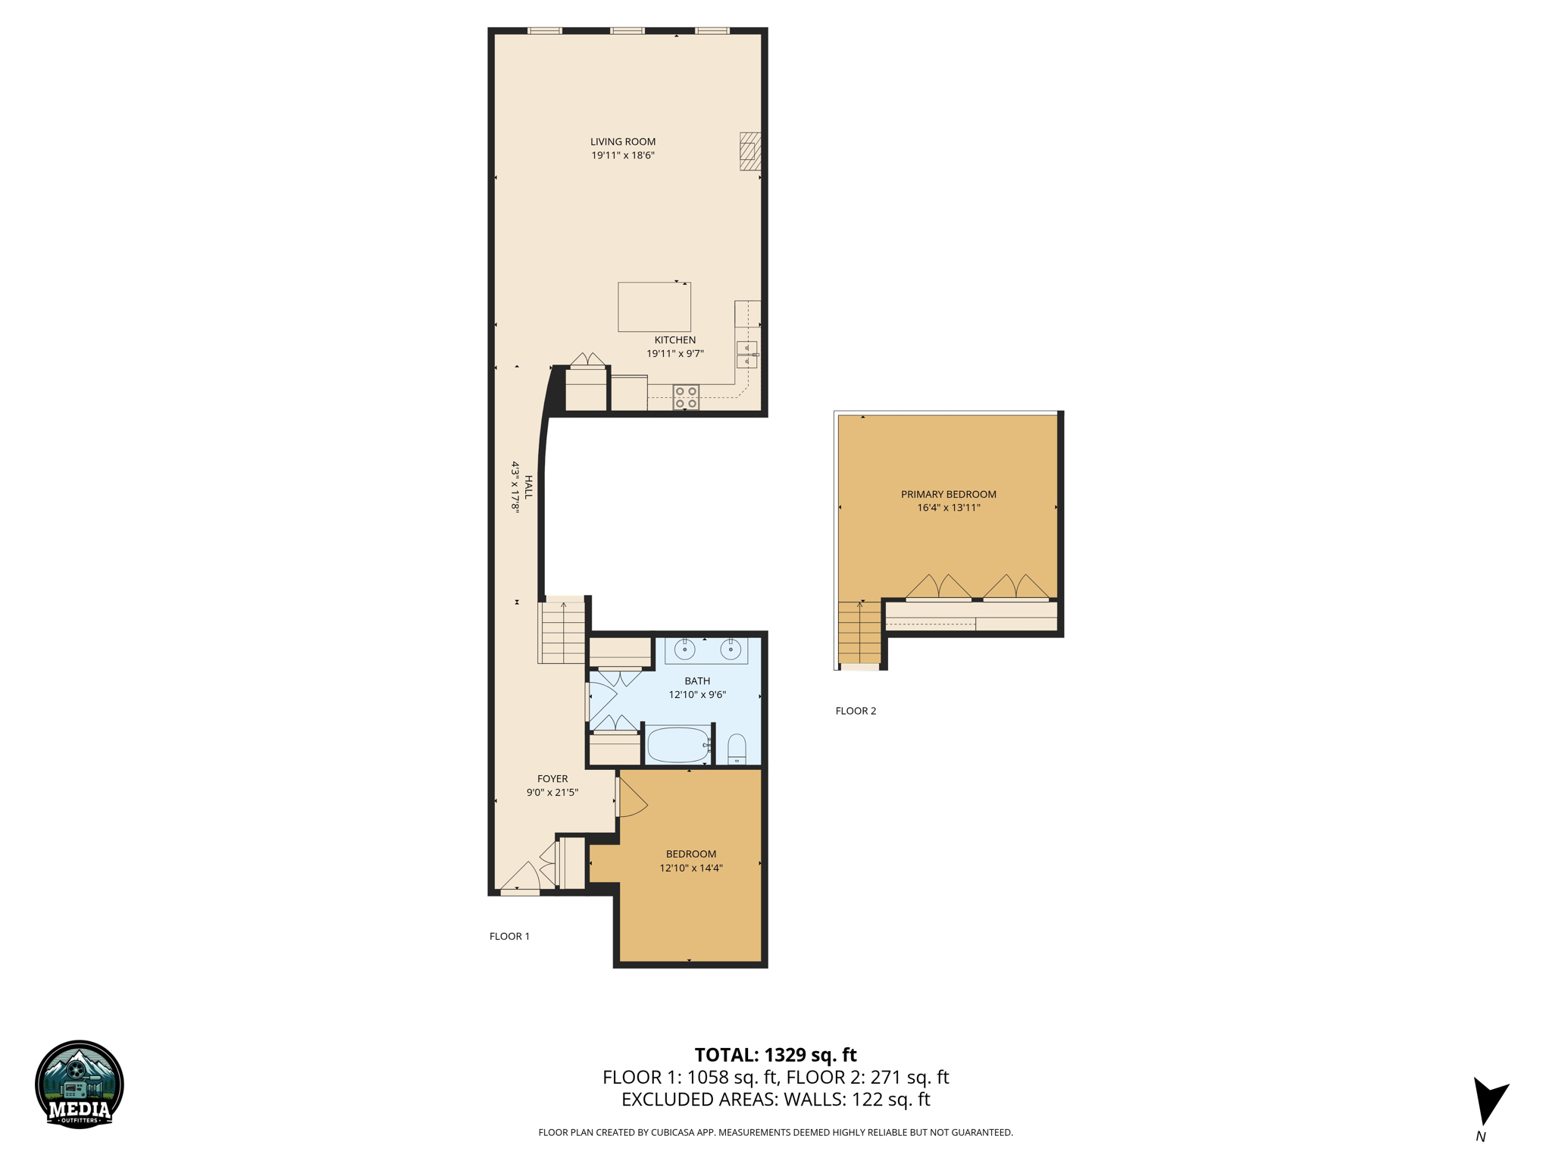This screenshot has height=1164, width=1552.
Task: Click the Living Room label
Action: pos(623,142)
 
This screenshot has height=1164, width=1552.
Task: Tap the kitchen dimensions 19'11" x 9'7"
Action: pos(674,354)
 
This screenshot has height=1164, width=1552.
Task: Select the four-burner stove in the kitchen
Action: pos(686,397)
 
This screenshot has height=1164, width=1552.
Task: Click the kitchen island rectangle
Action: pos(654,307)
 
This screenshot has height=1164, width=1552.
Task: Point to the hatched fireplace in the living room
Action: pos(750,151)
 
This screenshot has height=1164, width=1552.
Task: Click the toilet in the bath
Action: pos(737,749)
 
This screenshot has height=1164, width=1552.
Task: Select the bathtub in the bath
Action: pos(678,745)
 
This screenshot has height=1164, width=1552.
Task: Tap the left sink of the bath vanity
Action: pos(685,650)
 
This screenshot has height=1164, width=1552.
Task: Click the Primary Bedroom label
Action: pos(948,494)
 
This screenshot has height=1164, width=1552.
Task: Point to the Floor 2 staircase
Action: pos(860,633)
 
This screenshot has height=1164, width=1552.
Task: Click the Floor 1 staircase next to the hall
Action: pos(563,633)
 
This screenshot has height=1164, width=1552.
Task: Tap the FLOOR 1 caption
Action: pos(509,936)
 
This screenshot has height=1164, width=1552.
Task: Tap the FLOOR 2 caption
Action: pos(856,711)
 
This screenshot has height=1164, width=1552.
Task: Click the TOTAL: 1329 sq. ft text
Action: pos(775,1055)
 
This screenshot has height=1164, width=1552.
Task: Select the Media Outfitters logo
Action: pos(80,1084)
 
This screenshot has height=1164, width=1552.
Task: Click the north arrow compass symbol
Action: pos(1488,1103)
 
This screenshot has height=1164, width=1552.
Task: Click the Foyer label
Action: pos(552,779)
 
